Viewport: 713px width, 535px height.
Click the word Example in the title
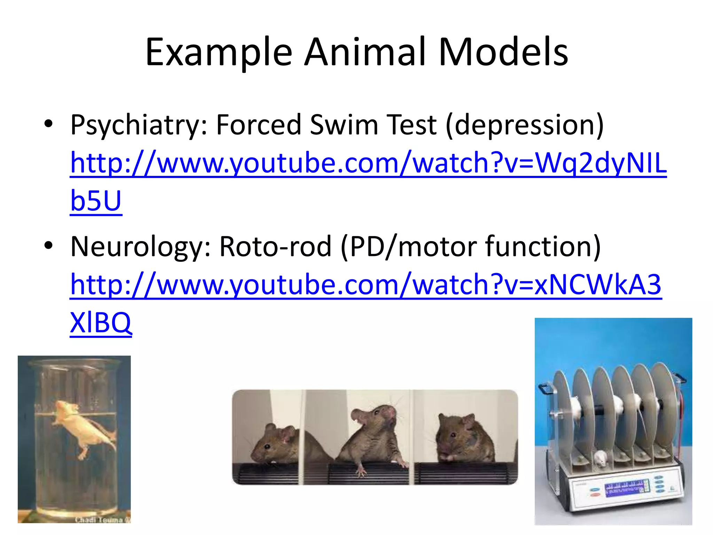click(x=219, y=52)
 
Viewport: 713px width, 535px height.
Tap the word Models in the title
click(x=503, y=52)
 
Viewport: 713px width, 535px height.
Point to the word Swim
click(x=344, y=125)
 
